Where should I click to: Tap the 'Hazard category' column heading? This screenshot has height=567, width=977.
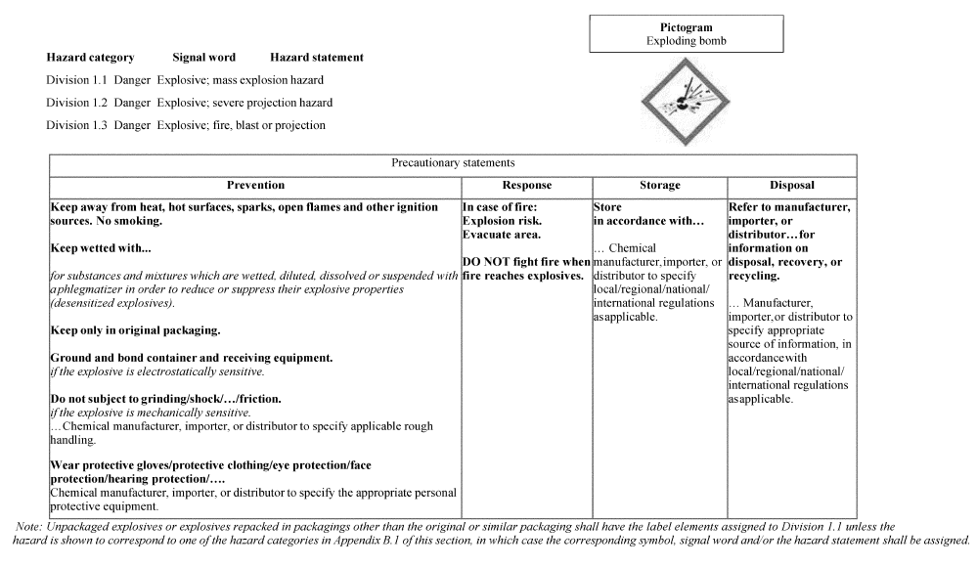coord(90,58)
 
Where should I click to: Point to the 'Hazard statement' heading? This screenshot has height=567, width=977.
coord(317,58)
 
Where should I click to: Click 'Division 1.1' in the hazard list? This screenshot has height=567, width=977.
coord(77,80)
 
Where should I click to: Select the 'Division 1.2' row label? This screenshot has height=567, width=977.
coord(77,103)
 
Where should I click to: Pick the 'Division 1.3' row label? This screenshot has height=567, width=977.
coord(77,125)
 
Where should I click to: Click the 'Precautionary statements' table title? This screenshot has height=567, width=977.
coord(453,163)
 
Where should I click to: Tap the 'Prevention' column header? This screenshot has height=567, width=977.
coord(255,185)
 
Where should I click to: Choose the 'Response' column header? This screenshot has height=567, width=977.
coord(526,185)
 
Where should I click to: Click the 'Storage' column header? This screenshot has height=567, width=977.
coord(659,185)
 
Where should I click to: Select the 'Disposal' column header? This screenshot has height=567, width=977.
coord(791,185)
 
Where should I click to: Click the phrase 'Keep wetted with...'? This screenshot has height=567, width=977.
coord(101,248)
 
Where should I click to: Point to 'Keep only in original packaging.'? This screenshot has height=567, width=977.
coord(135,330)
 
